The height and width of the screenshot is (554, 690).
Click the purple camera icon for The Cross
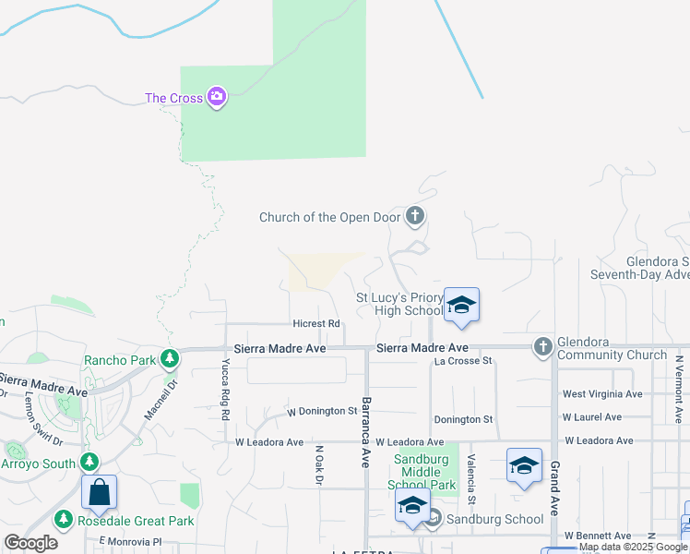point(217,97)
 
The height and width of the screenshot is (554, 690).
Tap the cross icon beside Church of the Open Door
point(415,217)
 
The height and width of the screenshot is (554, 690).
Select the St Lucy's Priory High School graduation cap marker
point(461,306)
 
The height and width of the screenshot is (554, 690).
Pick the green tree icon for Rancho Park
point(169,358)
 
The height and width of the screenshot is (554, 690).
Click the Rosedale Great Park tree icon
point(64,521)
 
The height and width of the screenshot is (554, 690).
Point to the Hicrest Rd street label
point(316,324)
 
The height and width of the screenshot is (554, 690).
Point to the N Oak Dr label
point(319,466)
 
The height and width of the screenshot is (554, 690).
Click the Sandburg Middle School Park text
point(425,472)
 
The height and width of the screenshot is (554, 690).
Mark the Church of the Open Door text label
point(329,218)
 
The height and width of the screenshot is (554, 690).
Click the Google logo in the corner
point(31,543)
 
